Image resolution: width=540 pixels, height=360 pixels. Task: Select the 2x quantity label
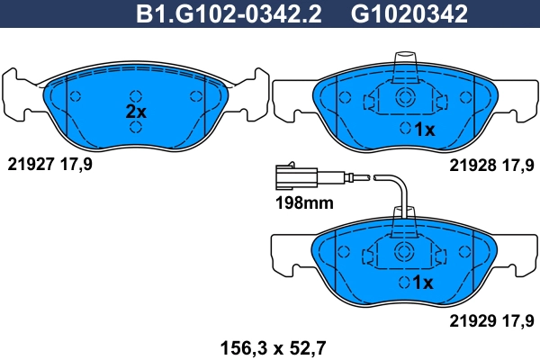click(135, 112)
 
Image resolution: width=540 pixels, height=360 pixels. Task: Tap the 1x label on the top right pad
click(424, 130)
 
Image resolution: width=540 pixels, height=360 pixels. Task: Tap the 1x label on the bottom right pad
click(424, 283)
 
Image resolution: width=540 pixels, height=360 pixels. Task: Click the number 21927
click(31, 165)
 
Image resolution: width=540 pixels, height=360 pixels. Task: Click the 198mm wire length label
click(303, 203)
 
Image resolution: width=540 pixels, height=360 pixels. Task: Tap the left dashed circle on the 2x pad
click(76, 97)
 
